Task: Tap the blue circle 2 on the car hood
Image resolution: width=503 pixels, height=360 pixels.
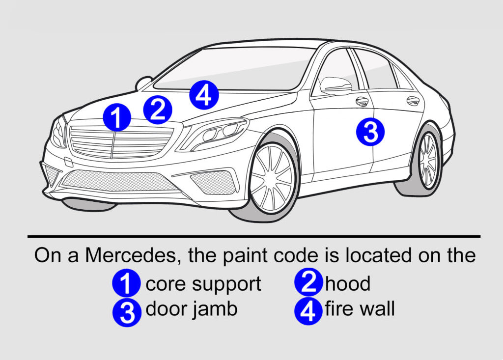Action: point(158,110)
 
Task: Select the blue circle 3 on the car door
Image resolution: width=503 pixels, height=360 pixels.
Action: point(370,132)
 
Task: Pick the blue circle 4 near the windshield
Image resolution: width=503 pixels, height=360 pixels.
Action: point(204,95)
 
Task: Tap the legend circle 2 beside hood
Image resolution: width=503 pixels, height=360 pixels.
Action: point(308,284)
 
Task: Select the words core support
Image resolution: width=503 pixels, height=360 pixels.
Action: point(203,284)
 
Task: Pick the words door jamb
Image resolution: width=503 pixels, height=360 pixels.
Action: point(192,309)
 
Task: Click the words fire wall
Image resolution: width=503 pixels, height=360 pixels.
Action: point(360,309)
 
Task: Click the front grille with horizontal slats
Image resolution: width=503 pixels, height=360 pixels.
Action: point(121,142)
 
